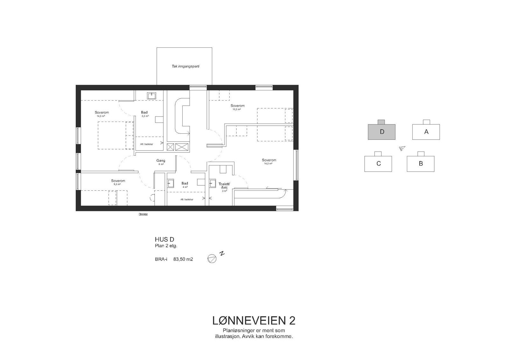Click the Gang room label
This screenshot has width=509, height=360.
pyautogui.click(x=161, y=161)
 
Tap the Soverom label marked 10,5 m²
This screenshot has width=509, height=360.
pyautogui.click(x=238, y=106)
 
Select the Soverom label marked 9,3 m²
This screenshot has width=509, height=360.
pyautogui.click(x=118, y=181)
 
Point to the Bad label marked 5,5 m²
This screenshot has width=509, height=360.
pyautogui.click(x=144, y=112)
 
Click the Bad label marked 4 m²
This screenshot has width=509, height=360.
pyautogui.click(x=185, y=183)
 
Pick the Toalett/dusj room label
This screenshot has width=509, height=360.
pyautogui.click(x=224, y=186)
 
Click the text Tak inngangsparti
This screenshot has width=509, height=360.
pyautogui.click(x=185, y=67)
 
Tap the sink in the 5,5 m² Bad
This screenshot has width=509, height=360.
pyautogui.click(x=151, y=95)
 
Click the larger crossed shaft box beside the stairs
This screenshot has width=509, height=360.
pyautogui.click(x=182, y=147)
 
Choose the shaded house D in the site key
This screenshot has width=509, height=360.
pyautogui.click(x=382, y=131)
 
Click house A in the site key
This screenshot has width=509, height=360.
pyautogui.click(x=426, y=131)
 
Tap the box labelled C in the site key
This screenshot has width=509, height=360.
pyautogui.click(x=378, y=164)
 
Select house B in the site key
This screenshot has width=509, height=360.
pyautogui.click(x=421, y=164)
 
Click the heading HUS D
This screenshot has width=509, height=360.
pyautogui.click(x=164, y=240)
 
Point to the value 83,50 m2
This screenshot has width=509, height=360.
pyautogui.click(x=183, y=259)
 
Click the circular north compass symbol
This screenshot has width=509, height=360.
pyautogui.click(x=212, y=258)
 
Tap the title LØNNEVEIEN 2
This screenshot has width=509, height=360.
pyautogui.click(x=254, y=320)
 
